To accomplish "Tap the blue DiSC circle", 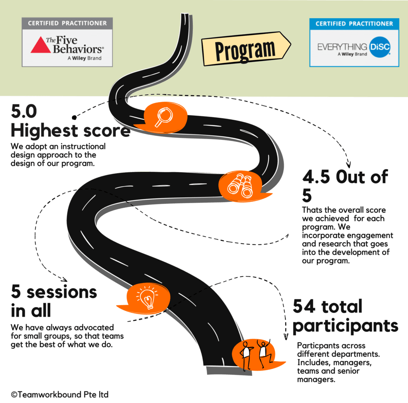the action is (380, 47).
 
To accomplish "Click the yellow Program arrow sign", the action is (246, 49).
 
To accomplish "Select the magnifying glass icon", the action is (164, 117).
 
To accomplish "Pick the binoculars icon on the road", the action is (240, 186).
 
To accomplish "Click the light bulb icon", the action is (147, 298).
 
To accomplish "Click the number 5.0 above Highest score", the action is (24, 111).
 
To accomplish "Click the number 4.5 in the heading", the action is (316, 177).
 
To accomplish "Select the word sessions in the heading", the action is (62, 292).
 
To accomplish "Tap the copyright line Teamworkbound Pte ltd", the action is (60, 395).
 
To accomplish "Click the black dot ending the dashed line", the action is (74, 118).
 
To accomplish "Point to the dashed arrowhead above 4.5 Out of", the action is (348, 165).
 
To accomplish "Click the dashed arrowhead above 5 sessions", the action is (64, 280).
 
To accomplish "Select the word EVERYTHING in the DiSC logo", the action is (342, 47).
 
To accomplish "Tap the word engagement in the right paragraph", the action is (370, 236).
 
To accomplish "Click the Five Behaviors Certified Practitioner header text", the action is (67, 23).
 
